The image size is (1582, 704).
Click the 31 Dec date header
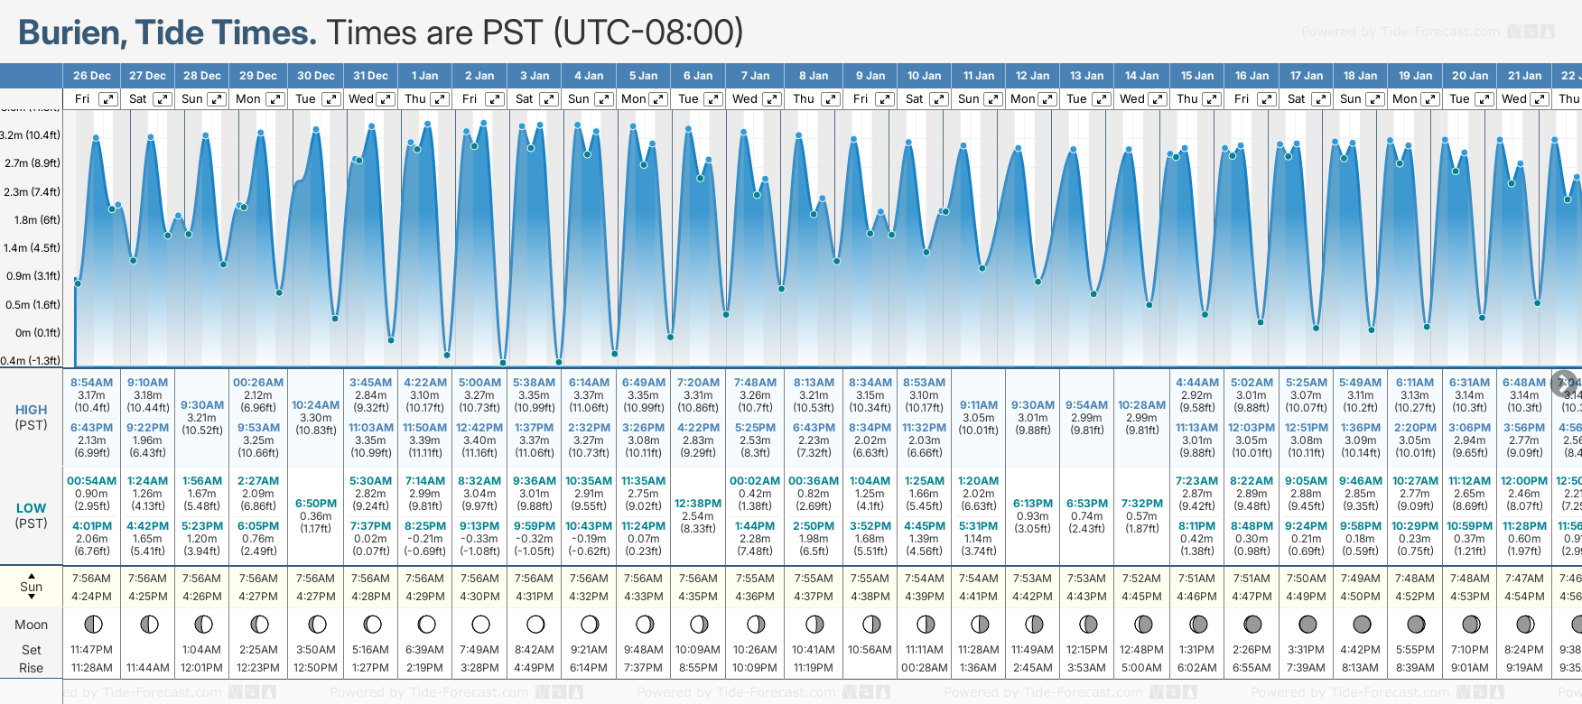pos(370,76)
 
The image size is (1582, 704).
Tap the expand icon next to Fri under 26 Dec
pos(107,99)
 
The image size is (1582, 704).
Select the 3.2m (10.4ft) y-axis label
pos(31,135)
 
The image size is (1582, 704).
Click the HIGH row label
pos(31,410)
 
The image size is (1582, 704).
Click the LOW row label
pos(31,508)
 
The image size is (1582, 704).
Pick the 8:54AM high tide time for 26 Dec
pos(91,383)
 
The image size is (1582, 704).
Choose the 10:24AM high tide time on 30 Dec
pos(315,405)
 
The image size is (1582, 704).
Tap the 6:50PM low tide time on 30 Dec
pos(315,504)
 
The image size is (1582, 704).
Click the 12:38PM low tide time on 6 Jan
pos(698,504)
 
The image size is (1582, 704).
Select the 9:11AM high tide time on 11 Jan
pos(979,405)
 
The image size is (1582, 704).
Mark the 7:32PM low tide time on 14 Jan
pos(1141,504)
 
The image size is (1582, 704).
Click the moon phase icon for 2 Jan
pos(480,624)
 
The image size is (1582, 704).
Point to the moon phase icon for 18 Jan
pos(1362,624)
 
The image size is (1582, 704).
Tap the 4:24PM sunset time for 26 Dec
pos(91,597)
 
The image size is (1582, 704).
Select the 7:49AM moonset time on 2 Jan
pos(479,650)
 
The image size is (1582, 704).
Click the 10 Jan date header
pos(924,76)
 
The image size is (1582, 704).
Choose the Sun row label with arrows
pos(31,587)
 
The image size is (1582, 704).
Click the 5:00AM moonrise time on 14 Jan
pos(1141,668)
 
